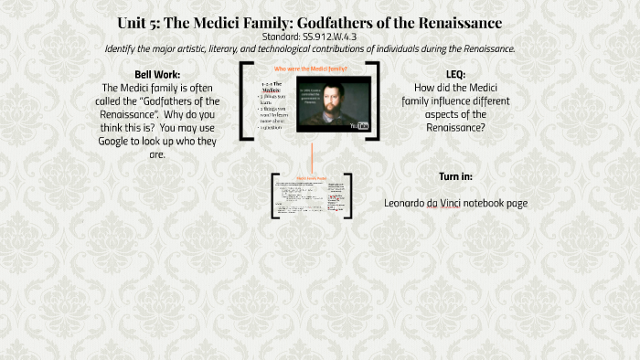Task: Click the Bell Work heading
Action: click(156, 73)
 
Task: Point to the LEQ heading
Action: click(454, 73)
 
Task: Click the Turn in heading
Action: click(455, 176)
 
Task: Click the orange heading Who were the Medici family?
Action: click(311, 69)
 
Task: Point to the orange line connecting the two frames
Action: click(312, 155)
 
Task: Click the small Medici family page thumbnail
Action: click(312, 195)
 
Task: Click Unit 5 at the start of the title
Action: click(138, 22)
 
